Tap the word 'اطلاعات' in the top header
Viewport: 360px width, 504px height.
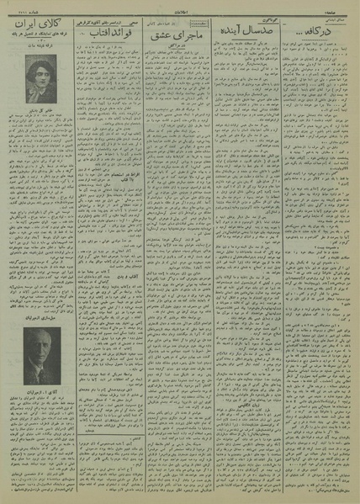pyautogui.click(x=180, y=7)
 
